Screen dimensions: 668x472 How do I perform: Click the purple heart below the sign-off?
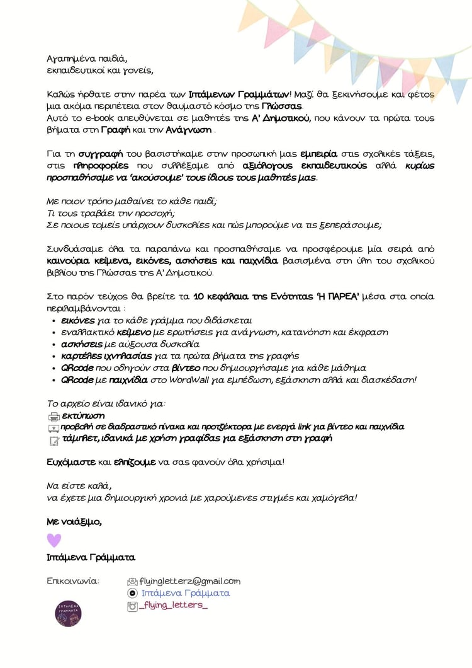(x=54, y=540)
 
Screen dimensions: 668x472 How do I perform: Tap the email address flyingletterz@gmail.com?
(x=190, y=581)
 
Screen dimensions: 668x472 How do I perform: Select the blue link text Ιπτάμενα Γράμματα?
(x=185, y=593)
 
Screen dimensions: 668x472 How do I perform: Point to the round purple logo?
(x=68, y=613)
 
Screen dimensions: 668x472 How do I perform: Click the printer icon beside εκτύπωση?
(x=53, y=417)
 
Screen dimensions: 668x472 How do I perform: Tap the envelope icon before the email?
(x=132, y=582)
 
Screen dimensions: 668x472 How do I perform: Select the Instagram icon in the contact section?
(x=132, y=606)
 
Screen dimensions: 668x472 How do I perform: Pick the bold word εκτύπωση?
(x=84, y=416)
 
